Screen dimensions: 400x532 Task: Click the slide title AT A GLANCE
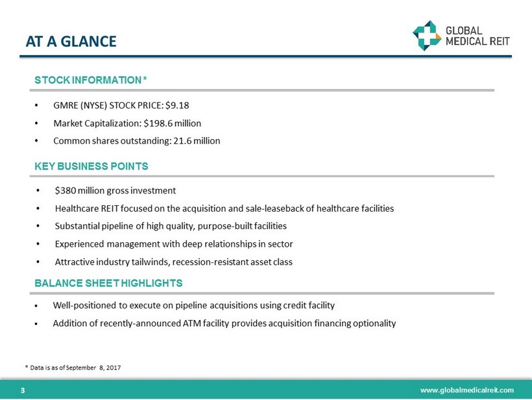(71, 42)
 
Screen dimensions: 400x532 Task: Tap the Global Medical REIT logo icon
(427, 35)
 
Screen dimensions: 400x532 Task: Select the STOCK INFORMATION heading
(91, 80)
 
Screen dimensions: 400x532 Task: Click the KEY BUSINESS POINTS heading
(91, 166)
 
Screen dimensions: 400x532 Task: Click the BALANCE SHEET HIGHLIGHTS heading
(108, 283)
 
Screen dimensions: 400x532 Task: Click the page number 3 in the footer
(23, 390)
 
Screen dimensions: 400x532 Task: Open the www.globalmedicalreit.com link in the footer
(466, 390)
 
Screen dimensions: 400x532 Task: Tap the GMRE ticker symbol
(67, 105)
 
